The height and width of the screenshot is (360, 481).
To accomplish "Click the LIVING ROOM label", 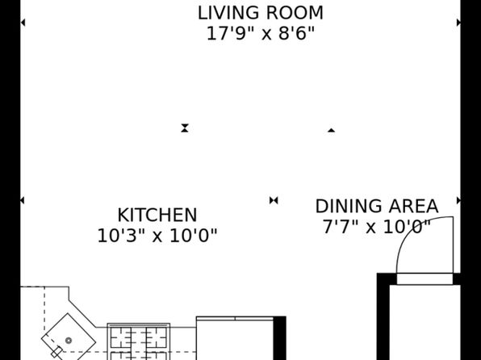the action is [x=261, y=13].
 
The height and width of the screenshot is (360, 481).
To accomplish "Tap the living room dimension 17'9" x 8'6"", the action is [x=261, y=33].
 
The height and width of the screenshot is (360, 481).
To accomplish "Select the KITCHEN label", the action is [x=157, y=216].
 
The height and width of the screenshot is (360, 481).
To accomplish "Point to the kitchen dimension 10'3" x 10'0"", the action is [x=157, y=236].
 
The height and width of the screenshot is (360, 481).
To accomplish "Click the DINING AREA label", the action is [x=377, y=207].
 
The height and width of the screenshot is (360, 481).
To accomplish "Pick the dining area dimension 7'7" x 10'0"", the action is [x=377, y=227].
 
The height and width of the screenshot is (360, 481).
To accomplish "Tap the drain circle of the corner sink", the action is [x=69, y=341].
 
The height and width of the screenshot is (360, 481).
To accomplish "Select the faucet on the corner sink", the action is [x=56, y=352].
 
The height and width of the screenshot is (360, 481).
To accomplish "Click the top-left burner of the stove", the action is [x=121, y=337].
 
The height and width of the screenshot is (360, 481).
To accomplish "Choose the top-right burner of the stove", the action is [x=156, y=337].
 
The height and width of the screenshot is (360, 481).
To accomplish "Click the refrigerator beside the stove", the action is [x=235, y=338].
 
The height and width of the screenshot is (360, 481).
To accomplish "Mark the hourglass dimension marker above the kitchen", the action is [x=185, y=128].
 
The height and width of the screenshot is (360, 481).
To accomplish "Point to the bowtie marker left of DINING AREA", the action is [x=274, y=200].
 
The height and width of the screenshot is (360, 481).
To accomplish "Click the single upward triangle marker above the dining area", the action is [x=331, y=131].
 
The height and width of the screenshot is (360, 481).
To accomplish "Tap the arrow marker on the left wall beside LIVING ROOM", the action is [x=23, y=23].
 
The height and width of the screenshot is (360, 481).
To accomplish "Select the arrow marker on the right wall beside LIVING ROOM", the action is [x=458, y=23].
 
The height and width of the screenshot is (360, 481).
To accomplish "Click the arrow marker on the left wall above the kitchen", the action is [x=23, y=200].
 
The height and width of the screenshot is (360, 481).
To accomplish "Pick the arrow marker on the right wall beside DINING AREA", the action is [x=458, y=200].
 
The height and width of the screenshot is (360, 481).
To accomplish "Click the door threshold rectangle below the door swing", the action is [x=425, y=278].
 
